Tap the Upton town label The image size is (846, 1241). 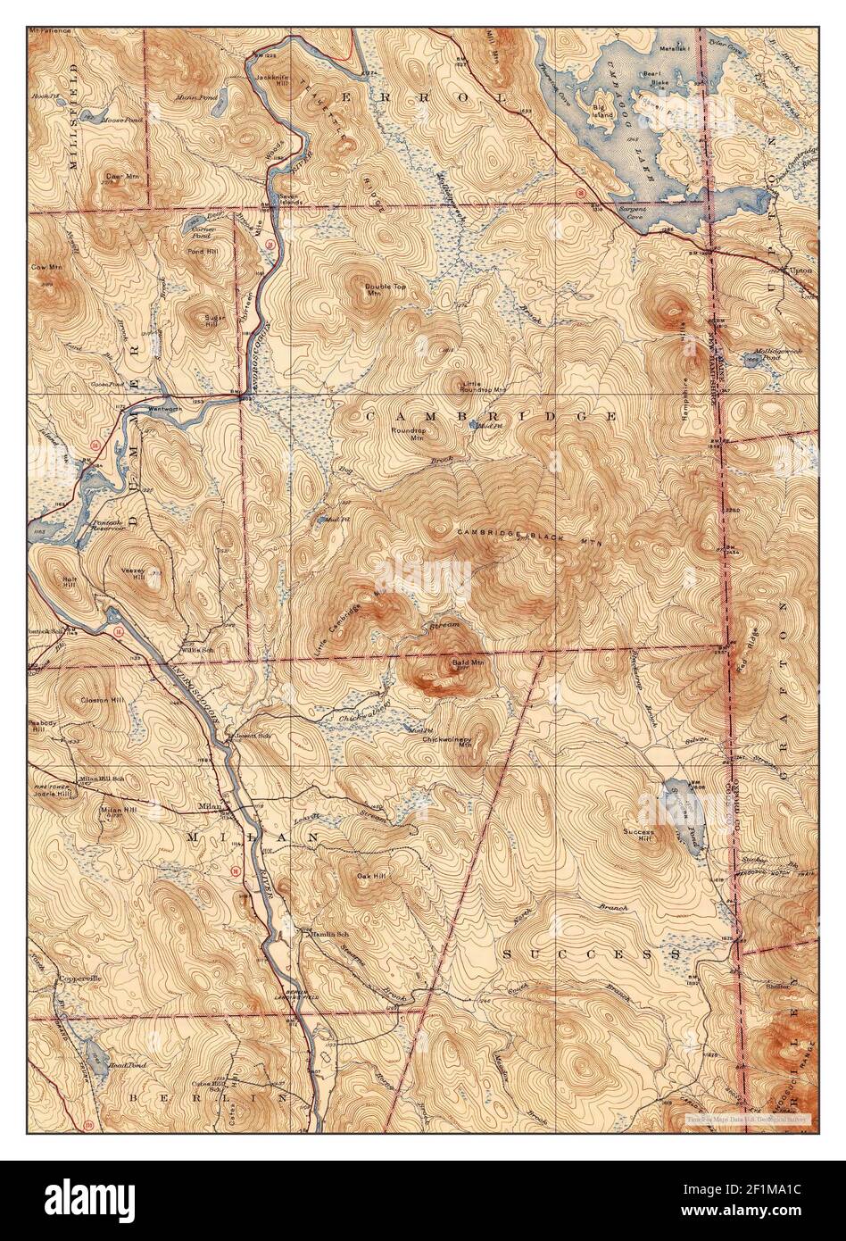pos(801,268)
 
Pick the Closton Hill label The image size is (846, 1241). pos(99,700)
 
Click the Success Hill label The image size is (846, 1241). pos(639,837)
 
